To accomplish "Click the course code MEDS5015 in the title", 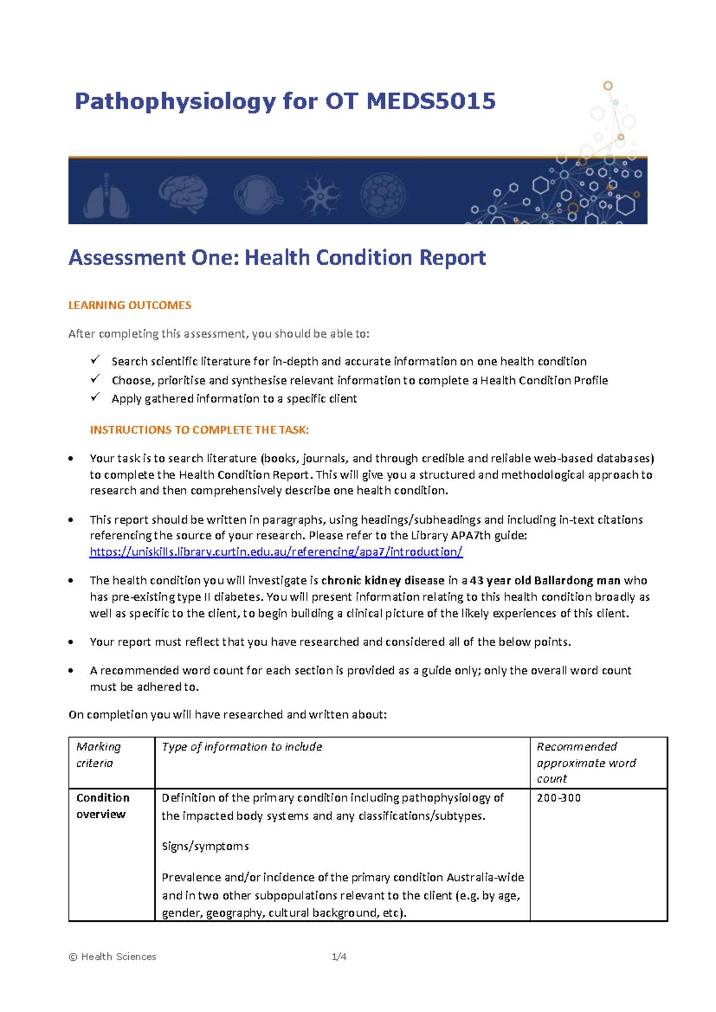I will pos(431,101).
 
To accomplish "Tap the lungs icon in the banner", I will pos(106,195).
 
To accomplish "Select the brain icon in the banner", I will pos(183,193).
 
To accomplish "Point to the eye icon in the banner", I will pos(254,195).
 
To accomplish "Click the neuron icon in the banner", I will pos(320,195).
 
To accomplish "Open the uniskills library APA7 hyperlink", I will pos(276,552).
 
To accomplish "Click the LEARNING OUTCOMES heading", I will pos(129,306).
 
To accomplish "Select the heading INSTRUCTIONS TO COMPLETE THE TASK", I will pos(199,430).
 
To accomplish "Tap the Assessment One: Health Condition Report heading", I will pos(277,258).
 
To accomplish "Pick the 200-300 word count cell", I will pos(558,798).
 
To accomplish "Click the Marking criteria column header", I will pos(98,755).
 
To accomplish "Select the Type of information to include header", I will pos(242,747).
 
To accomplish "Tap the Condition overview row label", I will pos(103,806).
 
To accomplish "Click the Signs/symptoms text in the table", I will pos(205,847).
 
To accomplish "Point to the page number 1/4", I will pos(339,957).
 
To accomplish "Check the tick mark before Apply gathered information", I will pos(95,397).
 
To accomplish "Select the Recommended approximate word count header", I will pos(586,763).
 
